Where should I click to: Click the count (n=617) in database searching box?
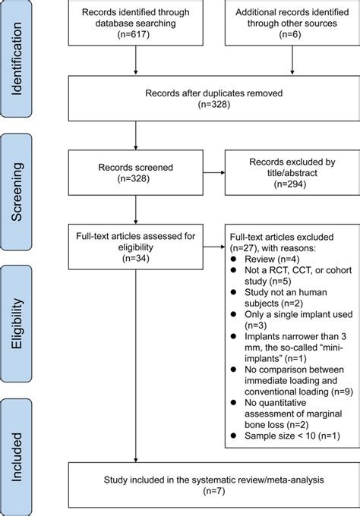click(134, 34)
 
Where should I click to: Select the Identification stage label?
click(16, 59)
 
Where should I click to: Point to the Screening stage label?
click(16, 192)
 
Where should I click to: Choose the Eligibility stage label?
click(16, 323)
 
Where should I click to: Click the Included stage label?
click(16, 457)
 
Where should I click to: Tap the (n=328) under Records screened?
click(134, 178)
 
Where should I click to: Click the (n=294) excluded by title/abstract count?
click(290, 184)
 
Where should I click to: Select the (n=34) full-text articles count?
click(136, 258)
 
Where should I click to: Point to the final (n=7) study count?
click(214, 491)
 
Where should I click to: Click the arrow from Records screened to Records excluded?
click(214, 172)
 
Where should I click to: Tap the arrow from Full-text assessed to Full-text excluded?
click(214, 247)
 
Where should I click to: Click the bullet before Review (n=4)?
click(233, 259)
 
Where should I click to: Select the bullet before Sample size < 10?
click(233, 436)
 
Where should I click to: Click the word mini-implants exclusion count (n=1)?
click(295, 358)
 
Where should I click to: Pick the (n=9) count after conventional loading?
click(343, 392)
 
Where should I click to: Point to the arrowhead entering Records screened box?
click(136, 148)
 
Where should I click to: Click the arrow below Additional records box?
click(292, 60)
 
